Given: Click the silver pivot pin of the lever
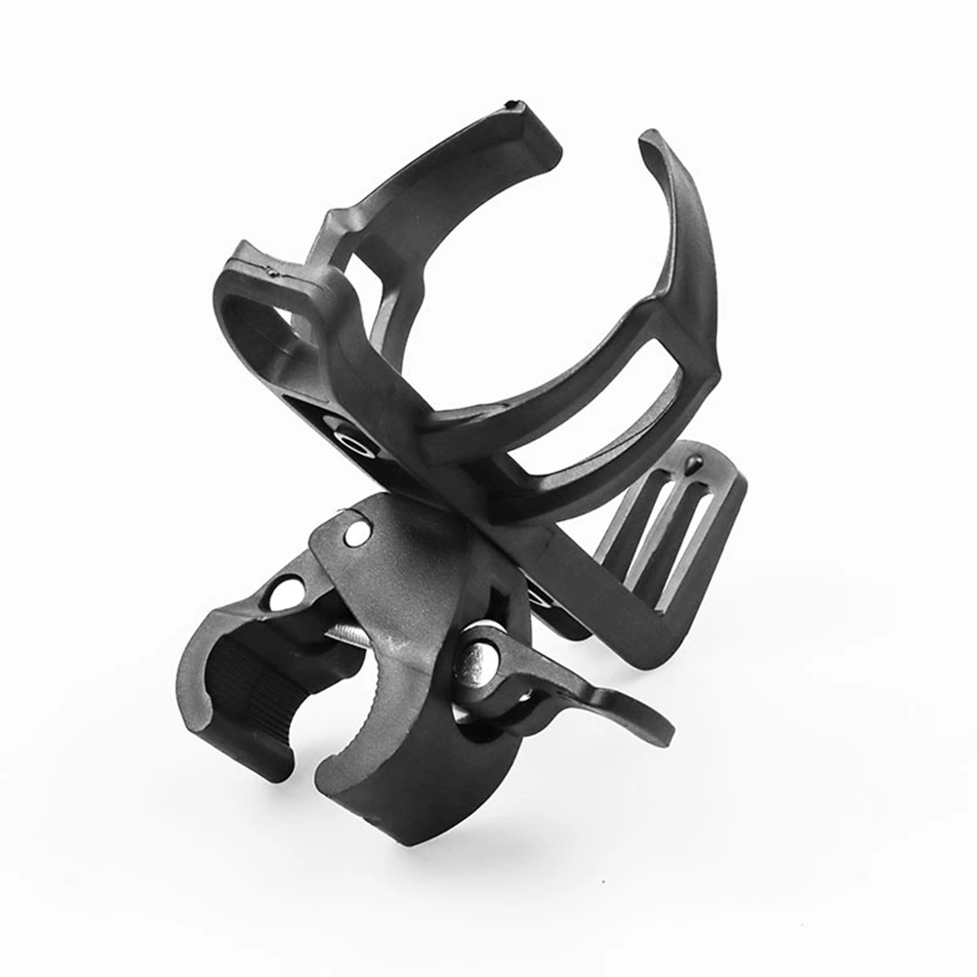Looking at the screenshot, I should point(479,664).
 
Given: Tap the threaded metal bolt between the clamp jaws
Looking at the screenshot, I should point(348,635).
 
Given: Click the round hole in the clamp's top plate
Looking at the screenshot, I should point(357,533).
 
